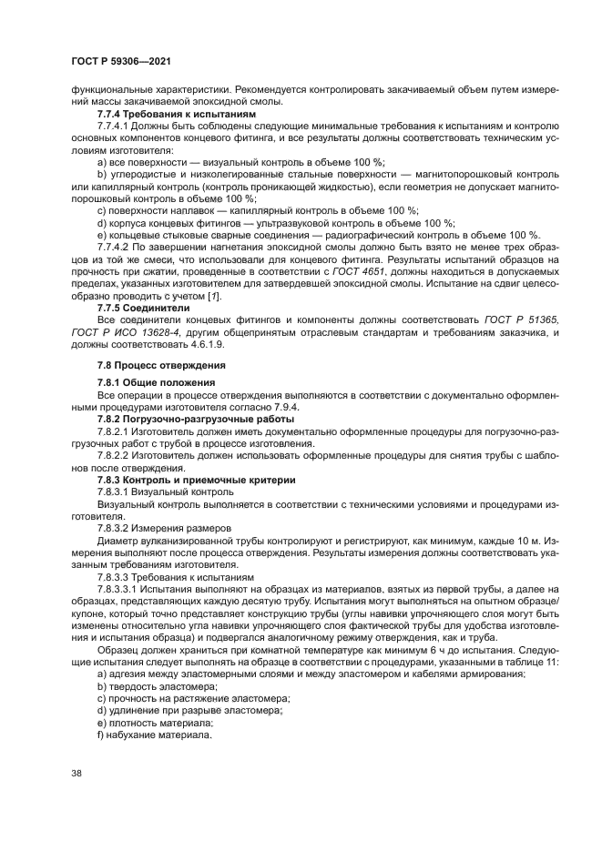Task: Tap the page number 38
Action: [77, 775]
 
